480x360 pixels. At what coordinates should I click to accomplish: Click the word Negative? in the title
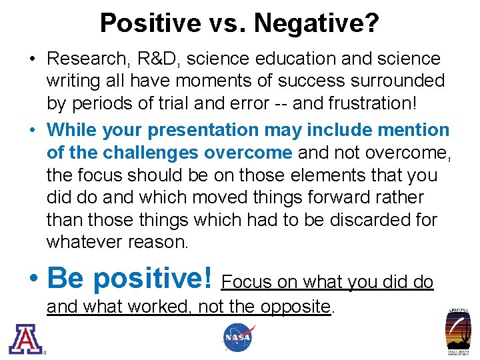317,23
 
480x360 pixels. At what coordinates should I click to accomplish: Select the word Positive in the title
151,23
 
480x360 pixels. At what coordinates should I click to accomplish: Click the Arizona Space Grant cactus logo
458,331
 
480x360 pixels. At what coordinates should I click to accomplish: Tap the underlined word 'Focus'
247,283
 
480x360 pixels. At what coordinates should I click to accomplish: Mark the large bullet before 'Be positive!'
35,279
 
